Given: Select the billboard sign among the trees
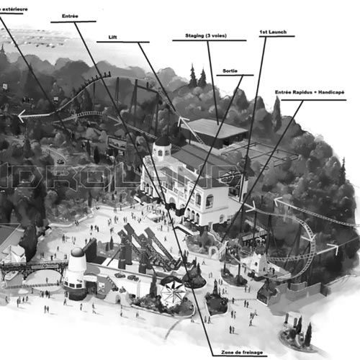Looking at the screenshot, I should [x=117, y=143].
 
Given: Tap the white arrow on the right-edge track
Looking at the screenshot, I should [x=333, y=248].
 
